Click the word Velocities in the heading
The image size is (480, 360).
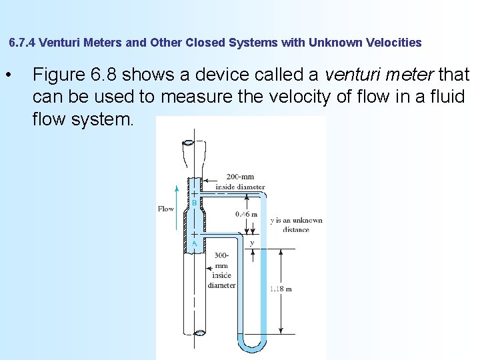[391, 43]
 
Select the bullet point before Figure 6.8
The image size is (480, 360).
[8, 73]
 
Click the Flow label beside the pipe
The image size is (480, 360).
[166, 209]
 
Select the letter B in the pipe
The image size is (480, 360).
[194, 203]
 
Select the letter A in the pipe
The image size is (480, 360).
[194, 243]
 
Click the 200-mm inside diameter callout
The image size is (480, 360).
[240, 181]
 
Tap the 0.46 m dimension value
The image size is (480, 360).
[246, 214]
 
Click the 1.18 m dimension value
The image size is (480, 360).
[281, 289]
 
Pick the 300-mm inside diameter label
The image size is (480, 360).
[221, 270]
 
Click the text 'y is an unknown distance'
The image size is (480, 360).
[296, 225]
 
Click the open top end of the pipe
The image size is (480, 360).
[189, 143]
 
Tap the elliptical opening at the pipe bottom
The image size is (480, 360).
[199, 333]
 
